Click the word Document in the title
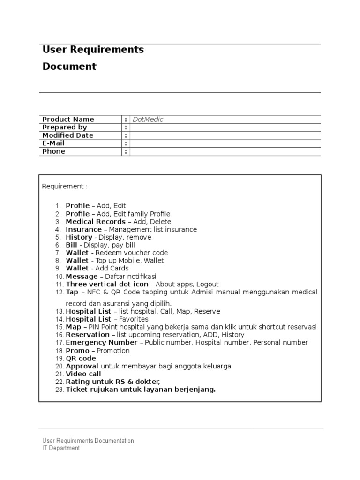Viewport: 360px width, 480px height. pyautogui.click(x=69, y=67)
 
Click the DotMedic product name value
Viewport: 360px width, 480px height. pyautogui.click(x=148, y=120)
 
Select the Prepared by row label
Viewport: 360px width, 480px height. pyautogui.click(x=65, y=127)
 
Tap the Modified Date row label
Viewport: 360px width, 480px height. pyautogui.click(x=68, y=135)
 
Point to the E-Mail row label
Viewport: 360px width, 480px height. pyautogui.click(x=53, y=143)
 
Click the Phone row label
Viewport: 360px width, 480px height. pyautogui.click(x=54, y=151)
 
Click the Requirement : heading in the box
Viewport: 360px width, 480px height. pyautogui.click(x=65, y=187)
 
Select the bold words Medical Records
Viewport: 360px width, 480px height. pyautogui.click(x=96, y=222)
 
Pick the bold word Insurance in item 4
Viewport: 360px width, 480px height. pyautogui.click(x=83, y=230)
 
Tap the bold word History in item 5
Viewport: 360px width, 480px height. pyautogui.click(x=79, y=238)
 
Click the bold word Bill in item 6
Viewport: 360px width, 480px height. pyautogui.click(x=71, y=245)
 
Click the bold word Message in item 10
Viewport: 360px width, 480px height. pyautogui.click(x=82, y=277)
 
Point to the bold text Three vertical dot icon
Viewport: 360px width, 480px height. pyautogui.click(x=107, y=285)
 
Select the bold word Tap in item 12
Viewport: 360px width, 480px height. pyautogui.click(x=72, y=292)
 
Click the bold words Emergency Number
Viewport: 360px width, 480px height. pyautogui.click(x=102, y=343)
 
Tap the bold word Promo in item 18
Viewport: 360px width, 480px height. pyautogui.click(x=77, y=351)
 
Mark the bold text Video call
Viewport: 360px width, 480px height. pyautogui.click(x=83, y=374)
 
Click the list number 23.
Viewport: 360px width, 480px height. pyautogui.click(x=59, y=390)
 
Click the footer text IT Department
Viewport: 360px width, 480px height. pyautogui.click(x=61, y=448)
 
